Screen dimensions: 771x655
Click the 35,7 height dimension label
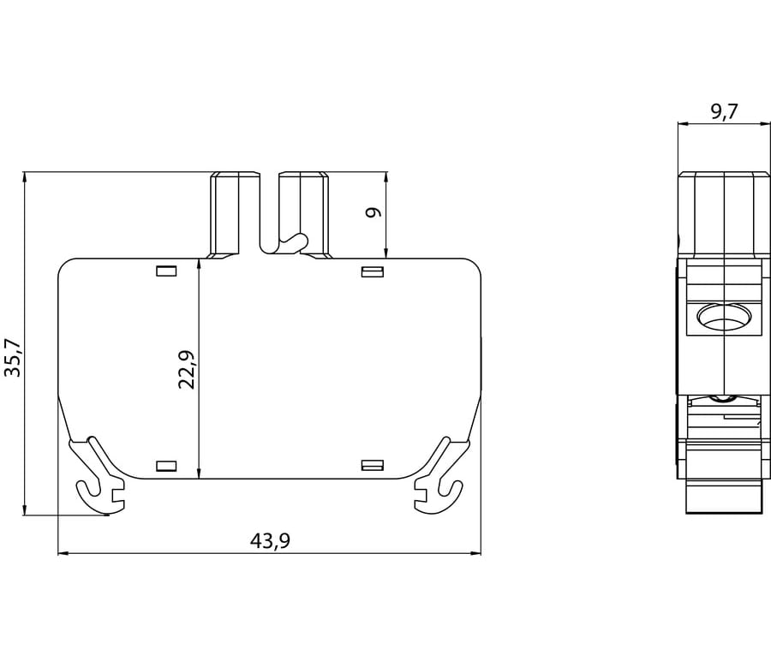13,358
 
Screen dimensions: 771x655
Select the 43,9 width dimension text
270,541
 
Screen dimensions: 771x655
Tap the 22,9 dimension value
187,370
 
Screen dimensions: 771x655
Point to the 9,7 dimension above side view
724,112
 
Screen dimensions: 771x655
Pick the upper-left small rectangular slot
166,271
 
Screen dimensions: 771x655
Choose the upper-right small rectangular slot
373,271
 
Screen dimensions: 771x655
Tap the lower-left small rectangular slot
166,466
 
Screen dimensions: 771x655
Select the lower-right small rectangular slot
373,465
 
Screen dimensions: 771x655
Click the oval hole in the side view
724,317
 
